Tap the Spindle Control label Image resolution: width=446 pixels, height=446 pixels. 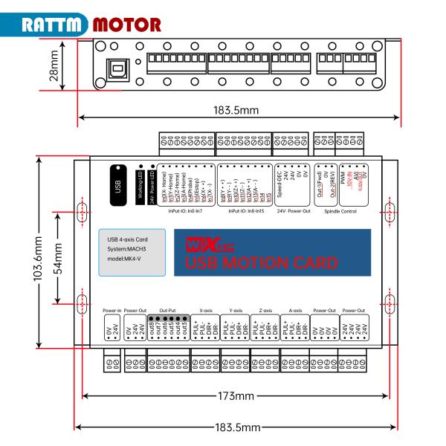point(340,212)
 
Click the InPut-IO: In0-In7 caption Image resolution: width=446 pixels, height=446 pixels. point(190,212)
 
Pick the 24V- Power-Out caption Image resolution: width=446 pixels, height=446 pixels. point(292,212)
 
